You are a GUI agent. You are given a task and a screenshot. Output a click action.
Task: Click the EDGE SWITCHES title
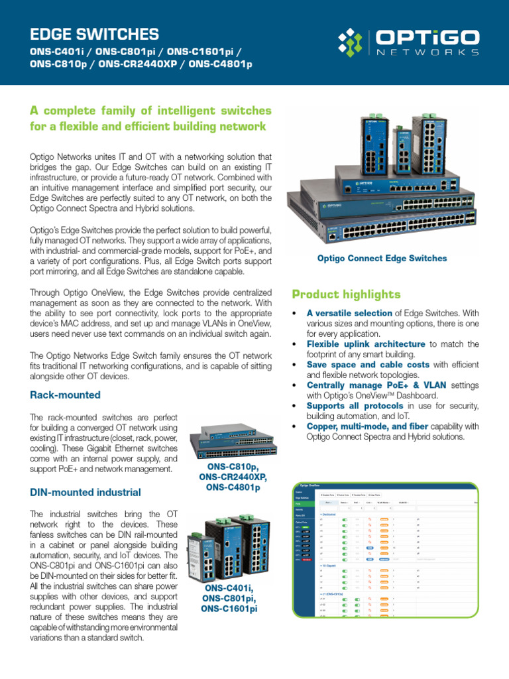pyautogui.click(x=95, y=34)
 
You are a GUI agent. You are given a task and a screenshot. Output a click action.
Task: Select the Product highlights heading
pyautogui.click(x=346, y=294)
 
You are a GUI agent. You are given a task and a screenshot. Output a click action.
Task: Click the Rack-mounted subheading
pyautogui.click(x=65, y=395)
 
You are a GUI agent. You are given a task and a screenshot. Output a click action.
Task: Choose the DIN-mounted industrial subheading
pyautogui.click(x=85, y=492)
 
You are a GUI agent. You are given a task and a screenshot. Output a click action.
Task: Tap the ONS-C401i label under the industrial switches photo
pyautogui.click(x=229, y=588)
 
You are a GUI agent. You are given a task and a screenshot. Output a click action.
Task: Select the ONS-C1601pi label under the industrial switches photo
pyautogui.click(x=229, y=609)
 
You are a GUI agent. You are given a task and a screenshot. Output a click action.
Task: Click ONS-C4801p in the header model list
pyautogui.click(x=220, y=64)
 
